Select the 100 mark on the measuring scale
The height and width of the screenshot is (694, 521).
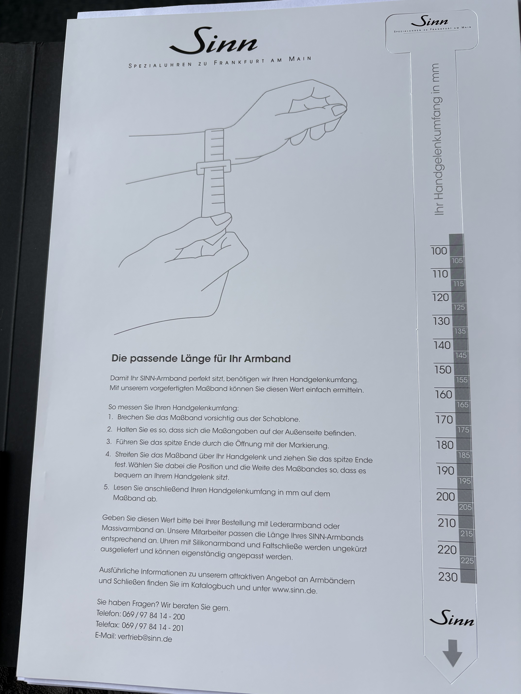point(439,251)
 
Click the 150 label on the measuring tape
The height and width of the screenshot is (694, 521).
point(443,370)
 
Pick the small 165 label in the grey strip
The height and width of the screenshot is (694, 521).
point(462,405)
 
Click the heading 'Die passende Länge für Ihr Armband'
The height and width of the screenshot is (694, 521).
point(201,359)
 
